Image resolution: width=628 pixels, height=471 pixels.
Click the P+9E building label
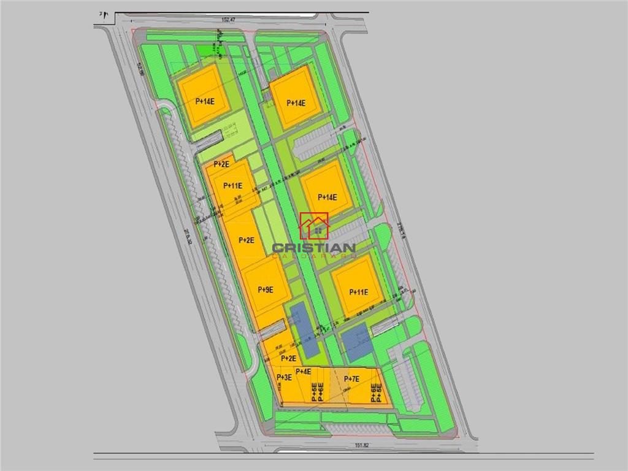pos(266,289)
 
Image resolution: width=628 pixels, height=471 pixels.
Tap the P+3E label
pos(284,378)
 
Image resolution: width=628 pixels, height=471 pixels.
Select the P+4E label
pos(304,372)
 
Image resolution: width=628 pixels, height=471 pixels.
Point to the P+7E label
pos(351,379)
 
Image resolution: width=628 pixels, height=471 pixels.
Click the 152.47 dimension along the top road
pos(228,20)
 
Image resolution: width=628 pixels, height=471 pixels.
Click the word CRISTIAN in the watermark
pos(313,248)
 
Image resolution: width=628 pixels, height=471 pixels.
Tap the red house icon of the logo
pos(314,226)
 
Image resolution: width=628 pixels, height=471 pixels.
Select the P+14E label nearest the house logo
pos(327,197)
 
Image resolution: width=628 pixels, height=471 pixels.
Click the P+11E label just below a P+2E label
pos(233,186)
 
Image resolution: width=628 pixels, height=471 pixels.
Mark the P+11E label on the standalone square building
pos(359,292)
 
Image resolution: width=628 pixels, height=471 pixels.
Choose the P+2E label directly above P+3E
pos(288,358)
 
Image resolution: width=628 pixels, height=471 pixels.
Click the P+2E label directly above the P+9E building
pos(247,240)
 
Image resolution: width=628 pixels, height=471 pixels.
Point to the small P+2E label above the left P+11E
pos(221,164)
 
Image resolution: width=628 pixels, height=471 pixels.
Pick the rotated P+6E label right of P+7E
pos(373,392)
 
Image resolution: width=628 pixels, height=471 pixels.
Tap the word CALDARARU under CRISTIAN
pos(313,255)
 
